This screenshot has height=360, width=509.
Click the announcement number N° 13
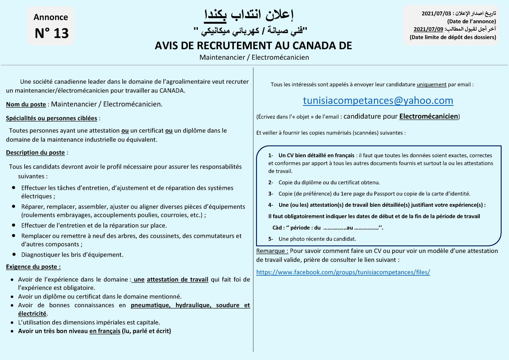click(x=51, y=33)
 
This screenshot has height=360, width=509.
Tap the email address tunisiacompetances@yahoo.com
click(x=378, y=101)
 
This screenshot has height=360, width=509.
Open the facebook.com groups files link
click(x=343, y=272)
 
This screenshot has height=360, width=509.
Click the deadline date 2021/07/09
click(x=428, y=29)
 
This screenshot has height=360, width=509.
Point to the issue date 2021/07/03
click(x=436, y=14)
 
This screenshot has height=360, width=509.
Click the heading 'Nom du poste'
click(x=26, y=105)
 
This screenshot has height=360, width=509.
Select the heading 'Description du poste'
click(x=35, y=153)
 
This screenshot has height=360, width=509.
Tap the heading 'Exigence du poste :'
click(x=33, y=267)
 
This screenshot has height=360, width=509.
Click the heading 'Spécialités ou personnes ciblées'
click(x=51, y=118)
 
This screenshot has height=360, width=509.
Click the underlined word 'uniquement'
click(x=431, y=85)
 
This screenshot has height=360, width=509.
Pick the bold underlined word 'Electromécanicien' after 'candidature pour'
click(x=428, y=116)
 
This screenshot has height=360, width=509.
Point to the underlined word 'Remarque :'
click(x=272, y=251)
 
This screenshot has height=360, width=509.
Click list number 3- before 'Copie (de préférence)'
click(x=271, y=194)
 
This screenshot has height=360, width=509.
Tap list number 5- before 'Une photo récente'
click(x=271, y=239)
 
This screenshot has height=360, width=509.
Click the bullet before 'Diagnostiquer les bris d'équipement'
click(x=14, y=254)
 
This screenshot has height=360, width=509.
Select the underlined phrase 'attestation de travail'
click(x=177, y=280)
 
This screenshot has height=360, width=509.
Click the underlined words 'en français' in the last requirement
click(x=105, y=331)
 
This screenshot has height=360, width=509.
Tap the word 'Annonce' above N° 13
click(x=51, y=17)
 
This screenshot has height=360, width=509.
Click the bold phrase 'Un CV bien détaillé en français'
click(x=316, y=156)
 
